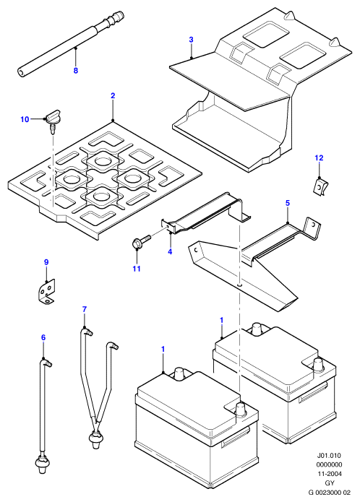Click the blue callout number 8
(x=76, y=71)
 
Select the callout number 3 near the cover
(x=192, y=40)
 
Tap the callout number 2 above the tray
(x=113, y=96)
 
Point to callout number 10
(x=25, y=119)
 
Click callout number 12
(x=319, y=158)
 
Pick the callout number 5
(x=287, y=203)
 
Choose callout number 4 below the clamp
(x=170, y=251)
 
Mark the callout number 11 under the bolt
(x=137, y=269)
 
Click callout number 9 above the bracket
(x=46, y=262)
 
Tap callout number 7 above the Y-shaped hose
(x=85, y=309)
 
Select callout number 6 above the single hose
(x=43, y=337)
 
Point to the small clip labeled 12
(x=321, y=189)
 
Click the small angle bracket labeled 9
(x=45, y=290)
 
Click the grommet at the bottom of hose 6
(x=41, y=462)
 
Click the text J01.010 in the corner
(x=329, y=455)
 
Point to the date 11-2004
(x=329, y=474)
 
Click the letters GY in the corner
(x=329, y=482)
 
